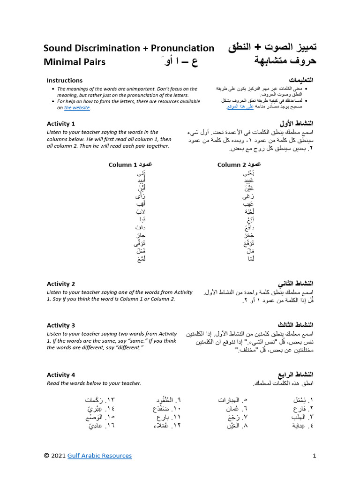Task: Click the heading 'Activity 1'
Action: tap(61, 124)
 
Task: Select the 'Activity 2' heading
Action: tap(61, 284)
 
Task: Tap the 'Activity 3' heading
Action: tap(61, 325)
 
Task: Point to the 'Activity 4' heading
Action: tap(61, 375)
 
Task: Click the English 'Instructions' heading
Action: tap(65, 80)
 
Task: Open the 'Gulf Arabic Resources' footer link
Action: tap(99, 456)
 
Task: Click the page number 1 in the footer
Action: tap(315, 456)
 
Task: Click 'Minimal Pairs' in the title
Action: tap(75, 62)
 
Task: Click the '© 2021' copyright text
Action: tap(54, 456)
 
